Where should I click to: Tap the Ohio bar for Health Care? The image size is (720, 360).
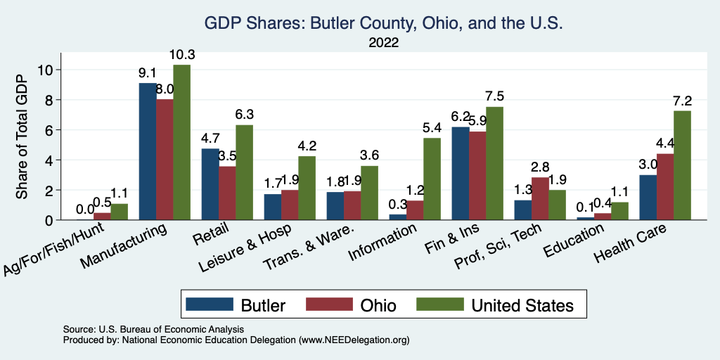point(665,187)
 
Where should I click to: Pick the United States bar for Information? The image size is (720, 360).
point(431,179)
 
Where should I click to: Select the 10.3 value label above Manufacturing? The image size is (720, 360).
point(181,55)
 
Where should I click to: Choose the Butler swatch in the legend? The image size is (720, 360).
point(209,304)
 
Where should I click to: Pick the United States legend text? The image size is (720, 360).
point(522,305)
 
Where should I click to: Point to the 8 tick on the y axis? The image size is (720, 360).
point(47,100)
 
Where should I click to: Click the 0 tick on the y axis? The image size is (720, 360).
point(47,220)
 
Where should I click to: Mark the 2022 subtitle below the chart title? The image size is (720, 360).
point(383,43)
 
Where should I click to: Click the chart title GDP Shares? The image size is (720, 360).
point(383,23)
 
